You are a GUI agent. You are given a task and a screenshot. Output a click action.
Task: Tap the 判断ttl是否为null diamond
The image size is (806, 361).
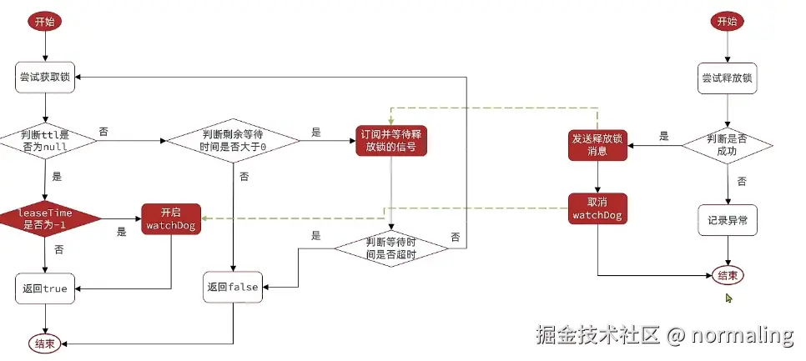click(46, 140)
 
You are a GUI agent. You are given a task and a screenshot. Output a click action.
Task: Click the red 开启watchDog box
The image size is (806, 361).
click(171, 218)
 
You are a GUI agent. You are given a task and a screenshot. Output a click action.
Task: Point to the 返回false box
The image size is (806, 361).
click(232, 287)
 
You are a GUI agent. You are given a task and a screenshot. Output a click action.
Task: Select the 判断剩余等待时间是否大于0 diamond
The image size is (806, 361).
click(233, 140)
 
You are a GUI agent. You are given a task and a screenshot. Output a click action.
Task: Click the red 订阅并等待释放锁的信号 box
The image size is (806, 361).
click(390, 140)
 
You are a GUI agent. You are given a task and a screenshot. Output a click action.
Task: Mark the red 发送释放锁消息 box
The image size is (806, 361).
click(597, 145)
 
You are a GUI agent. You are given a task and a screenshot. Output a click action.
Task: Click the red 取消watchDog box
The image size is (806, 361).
click(597, 209)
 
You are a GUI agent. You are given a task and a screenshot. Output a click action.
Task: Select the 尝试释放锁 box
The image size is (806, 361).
click(728, 78)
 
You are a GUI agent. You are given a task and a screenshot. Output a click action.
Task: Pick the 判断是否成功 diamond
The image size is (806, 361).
click(729, 146)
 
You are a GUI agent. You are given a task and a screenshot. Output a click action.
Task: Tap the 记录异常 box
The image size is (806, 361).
click(728, 220)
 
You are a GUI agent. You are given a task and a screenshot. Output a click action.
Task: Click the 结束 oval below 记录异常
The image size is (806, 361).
click(728, 275)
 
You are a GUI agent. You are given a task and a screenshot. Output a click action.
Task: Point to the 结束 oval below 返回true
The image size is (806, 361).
click(46, 343)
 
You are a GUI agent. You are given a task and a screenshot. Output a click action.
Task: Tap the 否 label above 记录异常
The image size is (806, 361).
click(741, 180)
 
